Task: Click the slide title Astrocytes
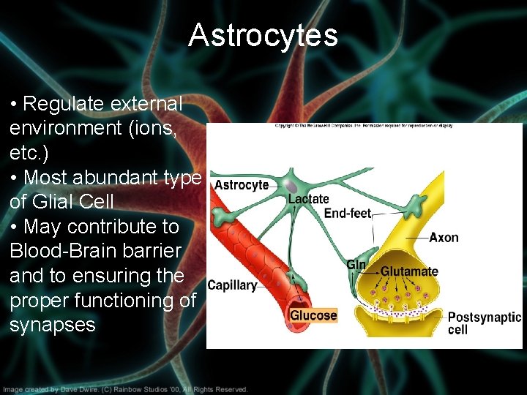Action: pos(263,35)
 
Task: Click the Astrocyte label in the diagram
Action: pos(242,185)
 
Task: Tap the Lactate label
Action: pos(308,198)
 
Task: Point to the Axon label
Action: pos(444,237)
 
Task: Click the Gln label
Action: pos(356,265)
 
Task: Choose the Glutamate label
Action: pos(409,271)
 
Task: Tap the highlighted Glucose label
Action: pos(313,315)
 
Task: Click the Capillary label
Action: pos(232,285)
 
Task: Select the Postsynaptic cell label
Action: pos(484,323)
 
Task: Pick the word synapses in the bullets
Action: pos(52,325)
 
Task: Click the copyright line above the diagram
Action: pos(364,126)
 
